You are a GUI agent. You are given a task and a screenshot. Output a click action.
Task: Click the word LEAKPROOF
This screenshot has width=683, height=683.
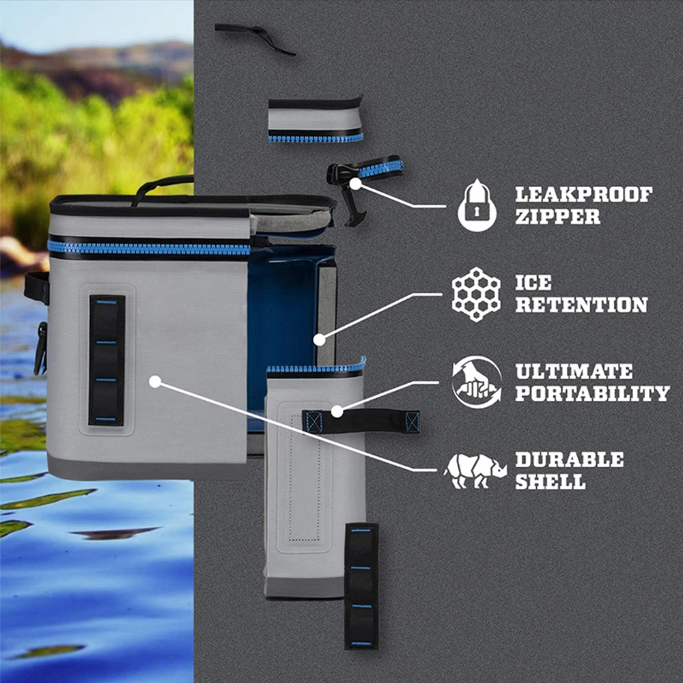583,195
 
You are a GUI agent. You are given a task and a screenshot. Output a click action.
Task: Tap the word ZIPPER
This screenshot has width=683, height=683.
557,217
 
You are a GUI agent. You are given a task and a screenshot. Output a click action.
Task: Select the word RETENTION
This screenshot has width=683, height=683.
581,305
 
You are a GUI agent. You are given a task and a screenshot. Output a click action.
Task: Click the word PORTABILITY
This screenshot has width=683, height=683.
592,393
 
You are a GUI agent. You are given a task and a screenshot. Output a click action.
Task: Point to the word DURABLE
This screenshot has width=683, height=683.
569,460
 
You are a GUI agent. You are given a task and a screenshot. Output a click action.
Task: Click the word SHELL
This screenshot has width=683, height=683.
550,482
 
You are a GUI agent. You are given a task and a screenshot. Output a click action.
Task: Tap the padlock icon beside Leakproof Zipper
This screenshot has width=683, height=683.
477,205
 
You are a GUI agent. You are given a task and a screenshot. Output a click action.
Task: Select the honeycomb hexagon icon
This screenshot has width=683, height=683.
476,294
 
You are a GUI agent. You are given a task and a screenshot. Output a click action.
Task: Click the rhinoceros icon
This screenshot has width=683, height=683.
475,471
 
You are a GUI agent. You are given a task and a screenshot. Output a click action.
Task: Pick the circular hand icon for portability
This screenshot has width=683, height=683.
476,382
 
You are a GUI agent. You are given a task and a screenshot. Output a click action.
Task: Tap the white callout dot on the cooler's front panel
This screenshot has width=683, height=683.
155,382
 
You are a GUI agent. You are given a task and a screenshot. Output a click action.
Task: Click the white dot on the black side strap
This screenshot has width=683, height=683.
336,411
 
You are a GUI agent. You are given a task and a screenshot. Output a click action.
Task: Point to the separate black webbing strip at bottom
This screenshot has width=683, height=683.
361,586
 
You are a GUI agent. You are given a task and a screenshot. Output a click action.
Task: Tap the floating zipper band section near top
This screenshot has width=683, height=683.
315,120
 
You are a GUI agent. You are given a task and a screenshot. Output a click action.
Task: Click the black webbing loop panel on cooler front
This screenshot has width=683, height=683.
107,360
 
